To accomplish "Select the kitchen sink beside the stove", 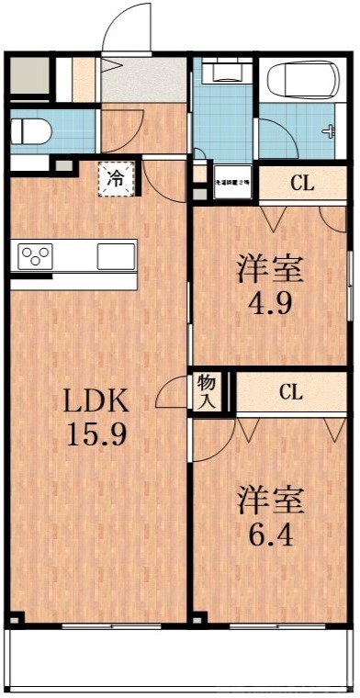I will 116,254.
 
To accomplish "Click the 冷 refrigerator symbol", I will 117,178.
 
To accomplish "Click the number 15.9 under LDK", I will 96,433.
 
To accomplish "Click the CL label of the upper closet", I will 302,183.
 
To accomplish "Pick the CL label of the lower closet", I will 290,393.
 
